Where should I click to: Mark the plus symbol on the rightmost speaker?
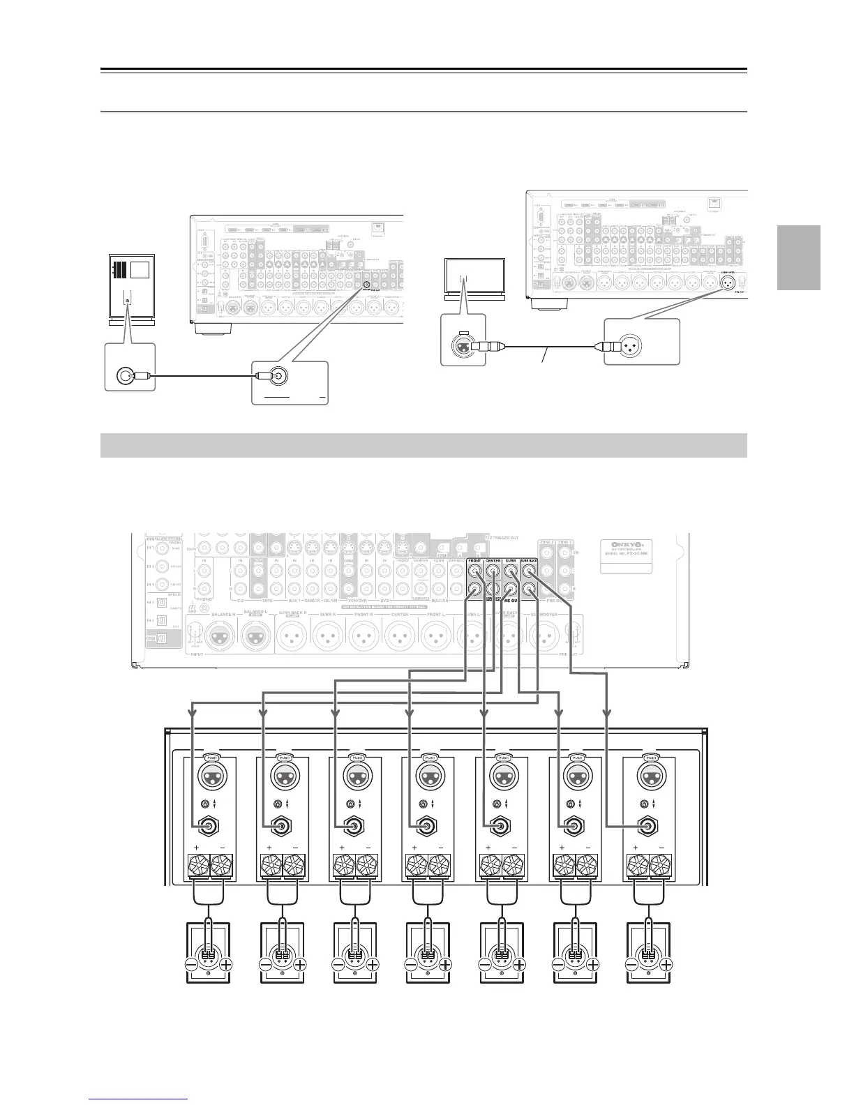(666, 965)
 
